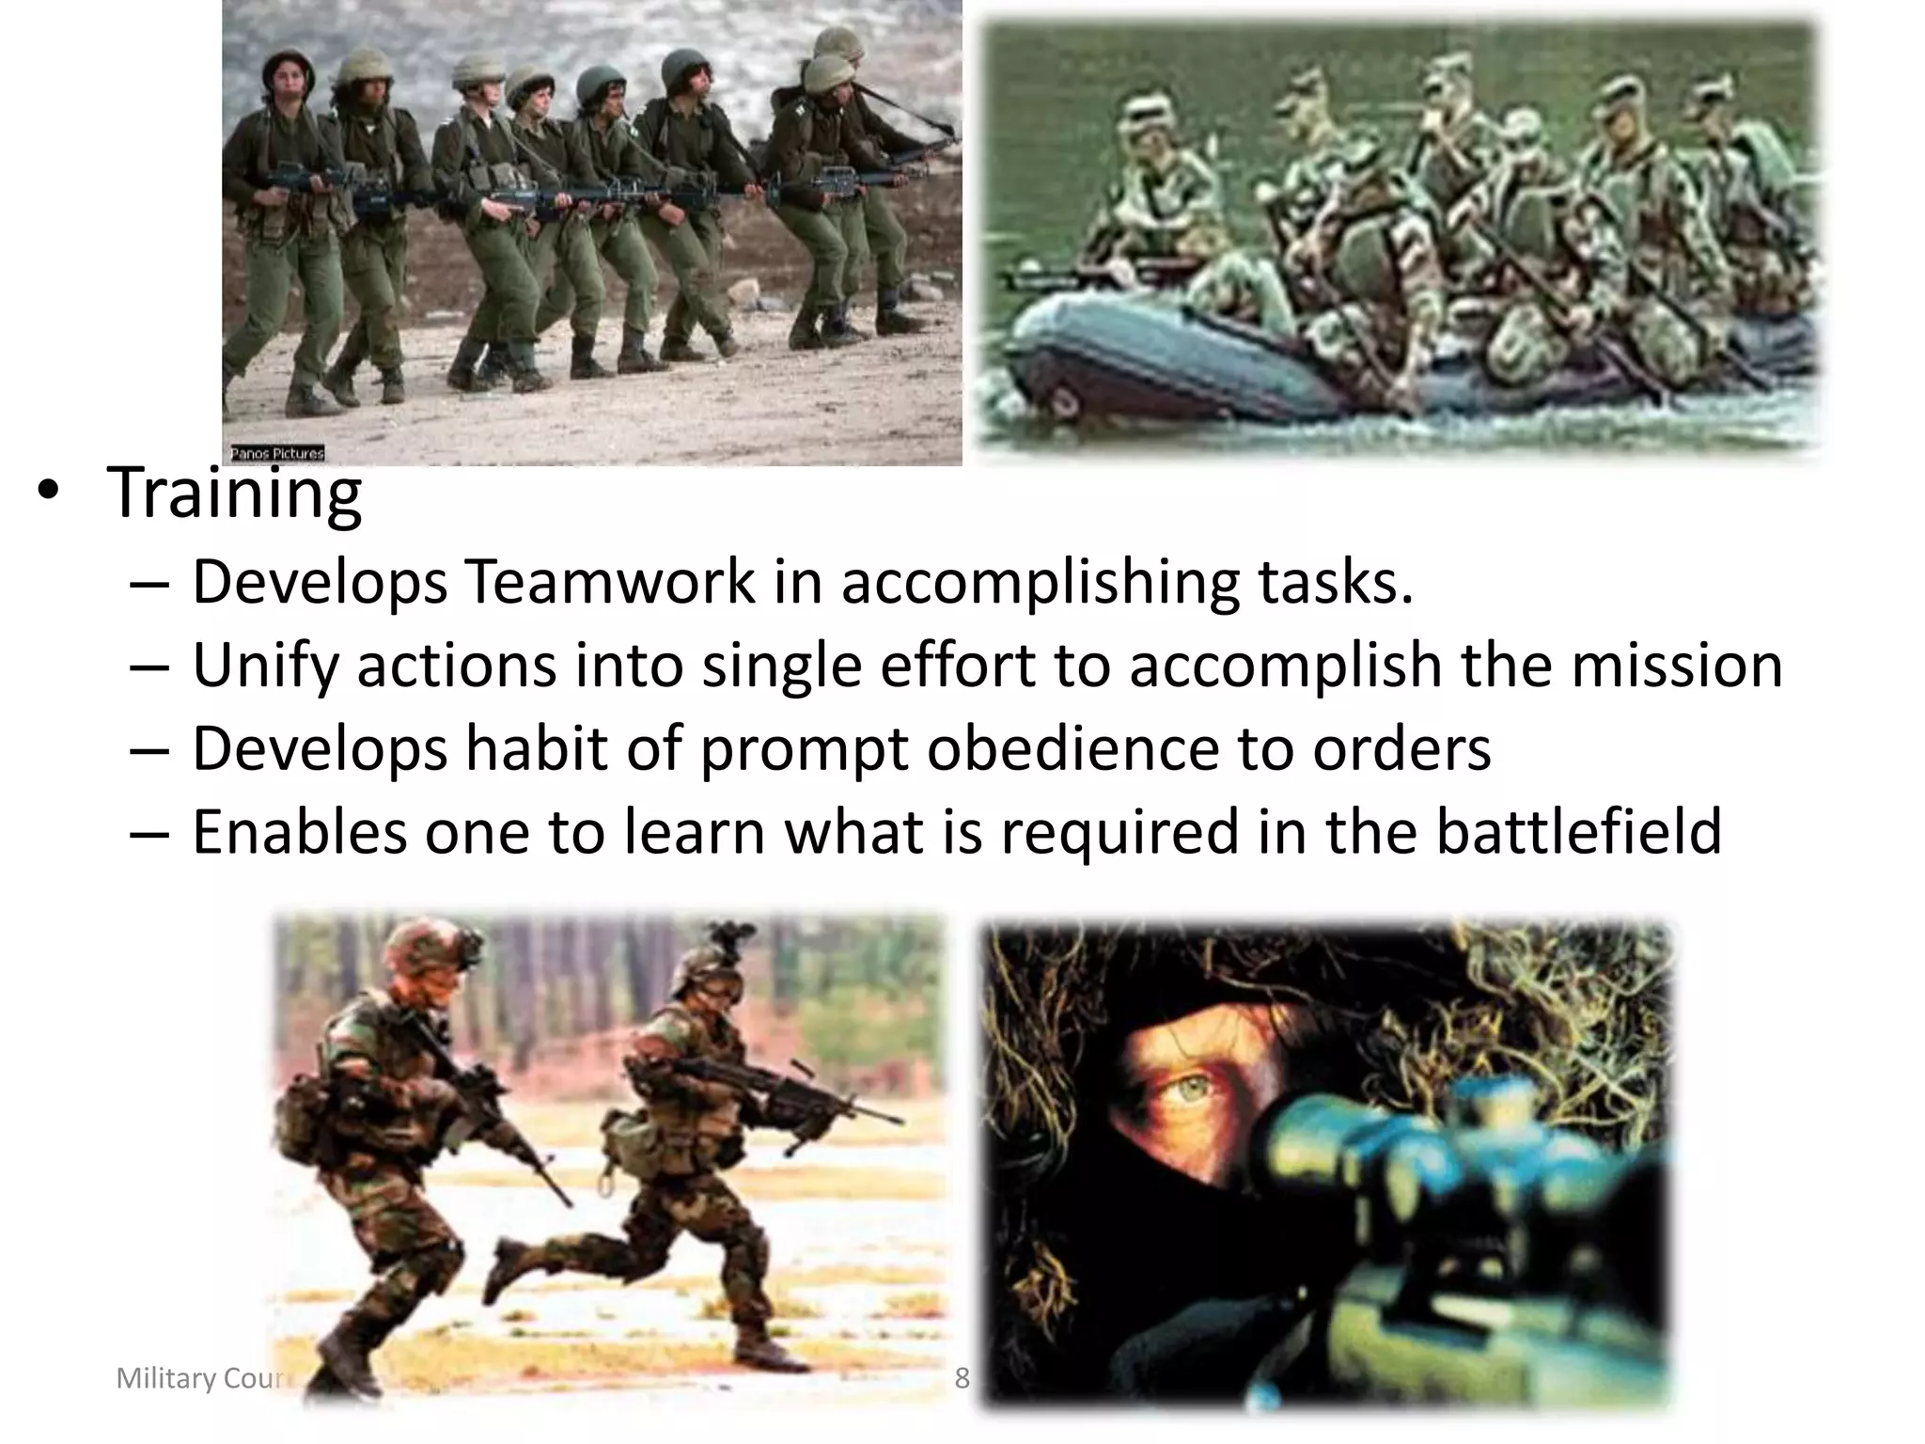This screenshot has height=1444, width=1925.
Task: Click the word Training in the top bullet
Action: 235,493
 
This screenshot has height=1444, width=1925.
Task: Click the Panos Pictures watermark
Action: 277,454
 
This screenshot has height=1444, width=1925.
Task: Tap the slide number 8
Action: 962,1378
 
